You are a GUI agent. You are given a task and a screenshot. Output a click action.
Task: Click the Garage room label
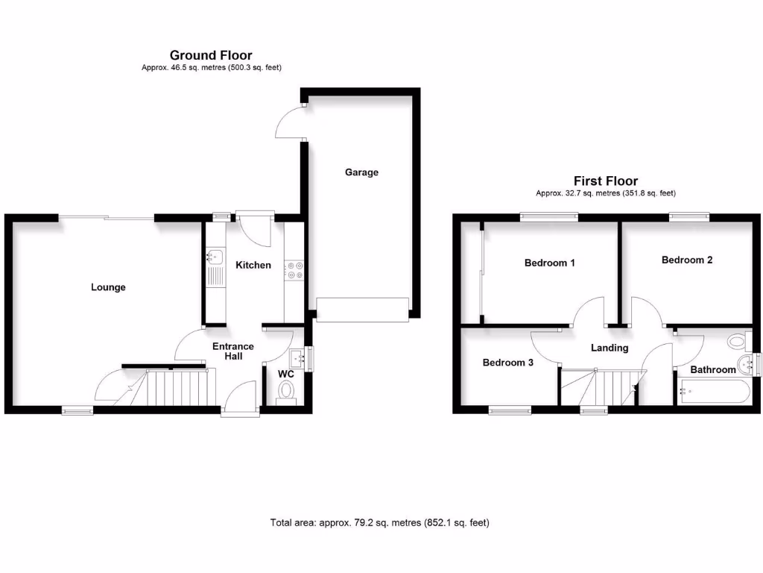coord(361,172)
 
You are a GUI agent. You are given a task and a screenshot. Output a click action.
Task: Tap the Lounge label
coord(108,287)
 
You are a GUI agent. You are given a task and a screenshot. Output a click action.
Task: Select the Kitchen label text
coord(253,265)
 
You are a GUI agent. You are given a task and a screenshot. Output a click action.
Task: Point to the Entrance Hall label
coord(233,351)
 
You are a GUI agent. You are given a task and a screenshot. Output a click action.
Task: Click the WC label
coord(286,374)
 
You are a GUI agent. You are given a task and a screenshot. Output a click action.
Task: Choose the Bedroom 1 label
coord(550,263)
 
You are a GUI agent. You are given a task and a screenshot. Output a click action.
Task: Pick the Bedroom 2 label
coord(687,260)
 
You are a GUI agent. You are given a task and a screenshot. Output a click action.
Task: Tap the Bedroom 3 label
coord(508,363)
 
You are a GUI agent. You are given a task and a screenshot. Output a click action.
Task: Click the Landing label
coord(610,348)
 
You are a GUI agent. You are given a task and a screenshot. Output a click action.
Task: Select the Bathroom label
coord(713,369)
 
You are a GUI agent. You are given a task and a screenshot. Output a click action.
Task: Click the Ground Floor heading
coord(211,54)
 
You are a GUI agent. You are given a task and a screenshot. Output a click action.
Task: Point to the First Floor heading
coord(606,181)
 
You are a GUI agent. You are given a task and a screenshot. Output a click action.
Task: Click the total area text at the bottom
coord(380,523)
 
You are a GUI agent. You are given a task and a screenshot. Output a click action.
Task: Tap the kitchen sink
coord(215,257)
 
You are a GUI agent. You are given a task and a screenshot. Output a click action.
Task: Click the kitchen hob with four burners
coord(294,269)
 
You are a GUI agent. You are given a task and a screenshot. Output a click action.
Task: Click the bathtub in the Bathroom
coord(713,390)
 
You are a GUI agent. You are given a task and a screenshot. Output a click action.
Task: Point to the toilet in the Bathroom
coord(737,342)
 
